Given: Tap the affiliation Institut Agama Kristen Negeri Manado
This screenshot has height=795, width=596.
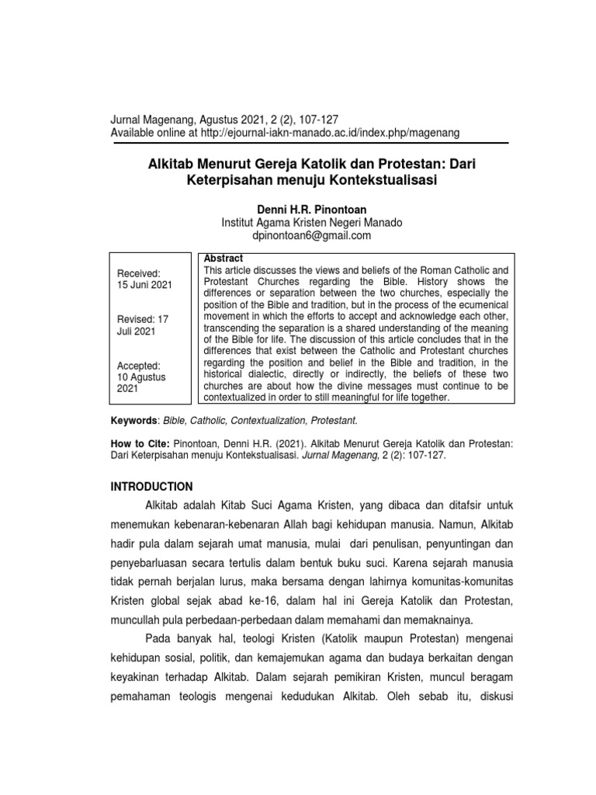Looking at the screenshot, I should (x=312, y=223).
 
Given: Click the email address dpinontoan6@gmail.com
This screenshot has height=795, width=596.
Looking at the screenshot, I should (x=312, y=236).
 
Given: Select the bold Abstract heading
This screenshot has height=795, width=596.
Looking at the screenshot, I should (x=223, y=259).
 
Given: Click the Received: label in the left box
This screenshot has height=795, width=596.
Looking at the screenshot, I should (x=138, y=273).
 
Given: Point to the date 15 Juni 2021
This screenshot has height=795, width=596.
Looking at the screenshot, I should (x=144, y=285).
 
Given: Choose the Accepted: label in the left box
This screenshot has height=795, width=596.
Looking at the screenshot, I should (x=139, y=365).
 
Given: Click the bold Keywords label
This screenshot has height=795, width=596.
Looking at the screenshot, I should (x=133, y=420).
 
